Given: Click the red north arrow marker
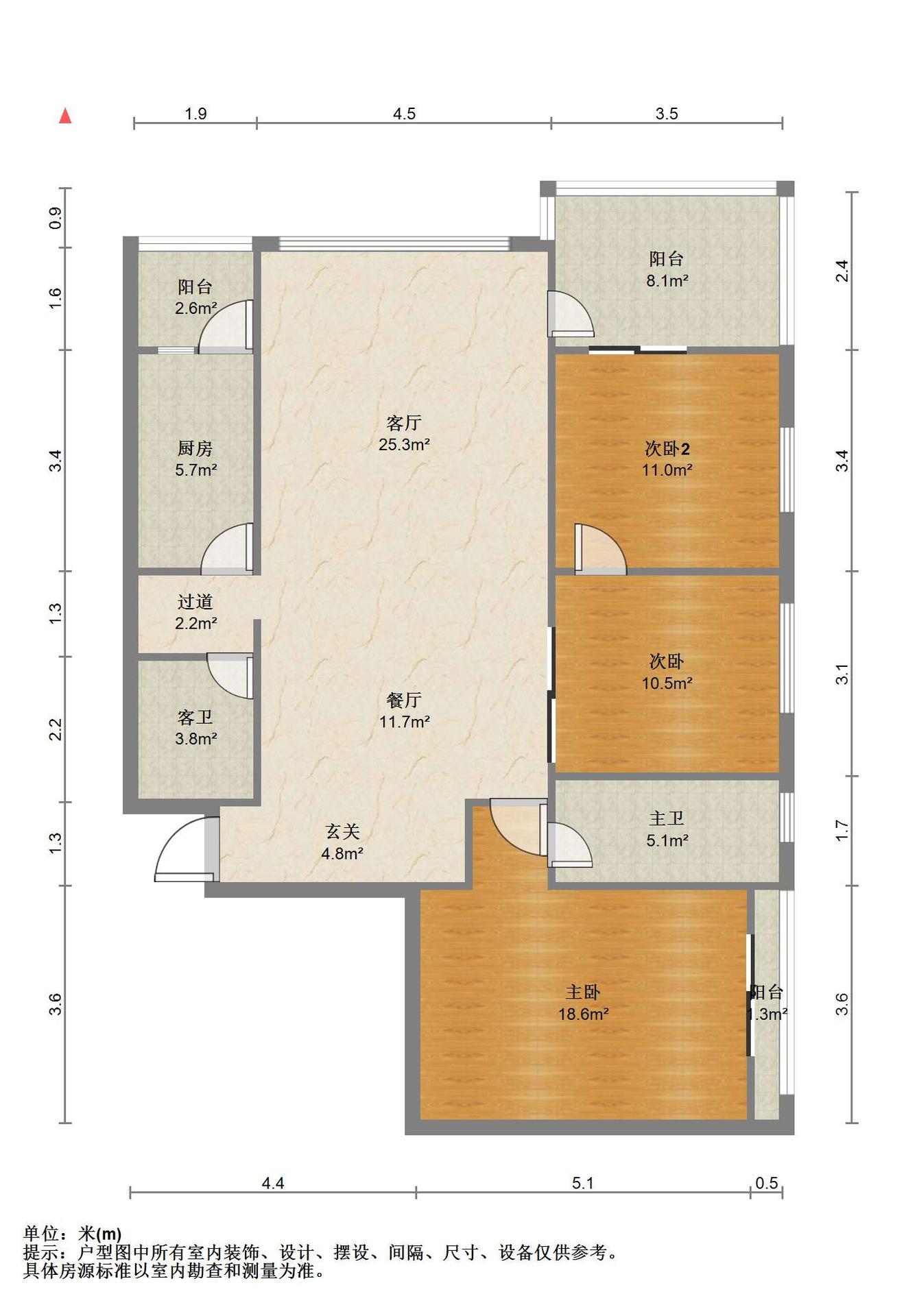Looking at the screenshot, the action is (65, 116).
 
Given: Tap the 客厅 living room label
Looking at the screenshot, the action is (404, 423).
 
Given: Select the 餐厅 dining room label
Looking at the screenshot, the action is (404, 700).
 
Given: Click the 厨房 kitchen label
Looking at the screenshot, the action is (195, 448).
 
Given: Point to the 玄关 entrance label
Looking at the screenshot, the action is (342, 831).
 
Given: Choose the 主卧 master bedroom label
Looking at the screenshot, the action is (583, 992).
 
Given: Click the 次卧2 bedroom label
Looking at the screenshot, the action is (667, 448).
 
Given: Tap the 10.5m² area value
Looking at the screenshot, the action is (667, 683).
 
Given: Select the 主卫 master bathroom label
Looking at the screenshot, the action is (667, 818).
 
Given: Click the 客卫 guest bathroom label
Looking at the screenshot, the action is (195, 717).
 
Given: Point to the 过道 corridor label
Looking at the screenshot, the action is (195, 602).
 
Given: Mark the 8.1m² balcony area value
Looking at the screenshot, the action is (667, 280).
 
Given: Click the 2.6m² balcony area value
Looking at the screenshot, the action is (195, 308).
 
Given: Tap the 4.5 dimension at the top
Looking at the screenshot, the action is (404, 114).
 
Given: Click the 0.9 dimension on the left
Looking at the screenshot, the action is (56, 218).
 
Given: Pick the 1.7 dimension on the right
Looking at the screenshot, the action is (842, 831).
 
